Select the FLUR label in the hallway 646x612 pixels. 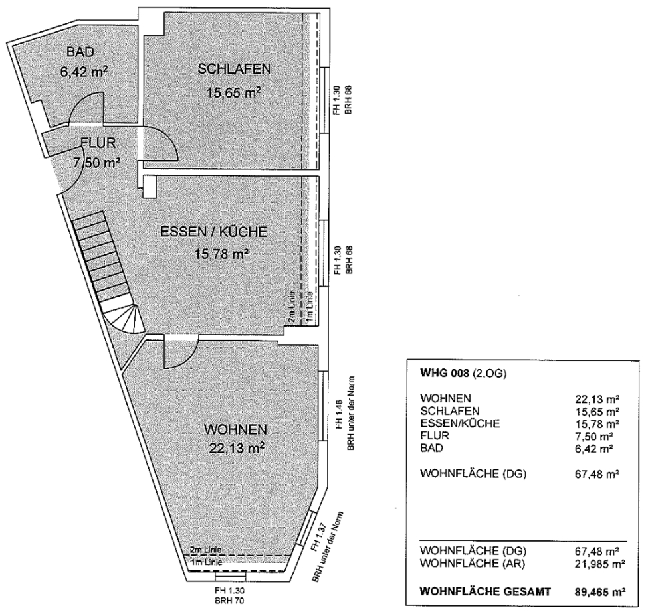point(99,142)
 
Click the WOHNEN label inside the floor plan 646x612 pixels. point(235,429)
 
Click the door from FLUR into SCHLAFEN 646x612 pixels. point(160,142)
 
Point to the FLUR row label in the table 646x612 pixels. point(436,435)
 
